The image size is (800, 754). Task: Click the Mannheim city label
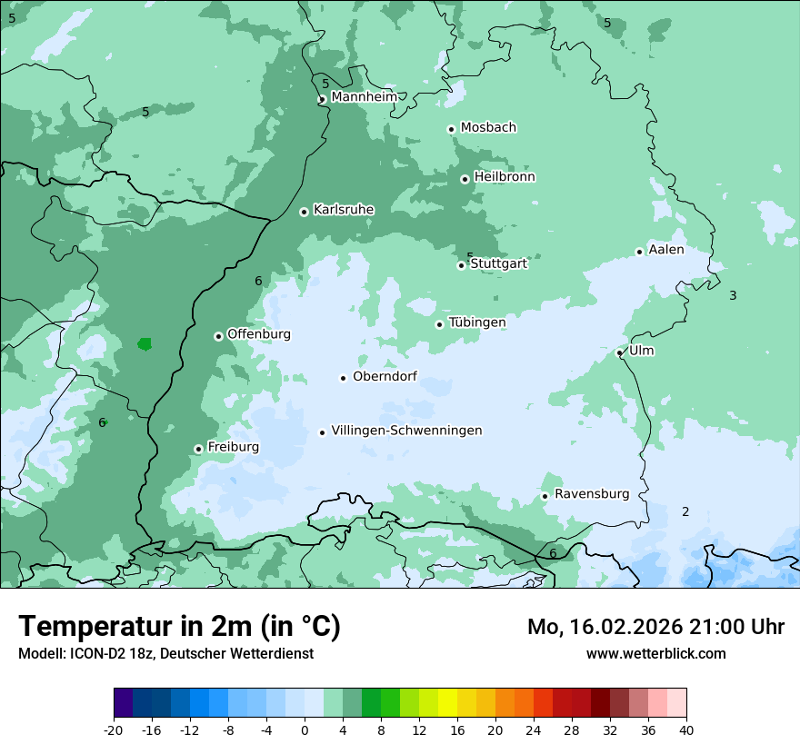(x=365, y=96)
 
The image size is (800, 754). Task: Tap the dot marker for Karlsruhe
(x=304, y=212)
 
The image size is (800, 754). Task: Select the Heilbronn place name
(x=505, y=176)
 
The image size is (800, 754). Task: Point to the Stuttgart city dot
(x=462, y=265)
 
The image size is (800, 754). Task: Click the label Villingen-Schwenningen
(x=406, y=431)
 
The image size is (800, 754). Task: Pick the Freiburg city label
(x=233, y=447)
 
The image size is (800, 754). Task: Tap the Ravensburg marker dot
(x=545, y=496)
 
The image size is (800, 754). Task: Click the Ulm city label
(x=641, y=351)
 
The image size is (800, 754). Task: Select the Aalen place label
(x=665, y=250)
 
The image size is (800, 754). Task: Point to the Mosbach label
(x=488, y=127)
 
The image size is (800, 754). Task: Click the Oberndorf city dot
(x=343, y=378)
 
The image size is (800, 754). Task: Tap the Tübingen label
(x=477, y=322)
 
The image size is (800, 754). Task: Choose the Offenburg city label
(x=259, y=334)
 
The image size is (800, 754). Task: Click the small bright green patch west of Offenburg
(x=145, y=344)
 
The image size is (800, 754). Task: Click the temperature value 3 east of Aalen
(x=733, y=295)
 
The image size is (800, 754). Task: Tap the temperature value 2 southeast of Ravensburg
(x=685, y=511)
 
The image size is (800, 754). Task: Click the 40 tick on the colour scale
(x=686, y=729)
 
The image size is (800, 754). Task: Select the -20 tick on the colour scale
(x=113, y=729)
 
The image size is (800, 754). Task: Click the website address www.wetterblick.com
(x=655, y=653)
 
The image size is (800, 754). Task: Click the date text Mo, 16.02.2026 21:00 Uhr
(x=655, y=627)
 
